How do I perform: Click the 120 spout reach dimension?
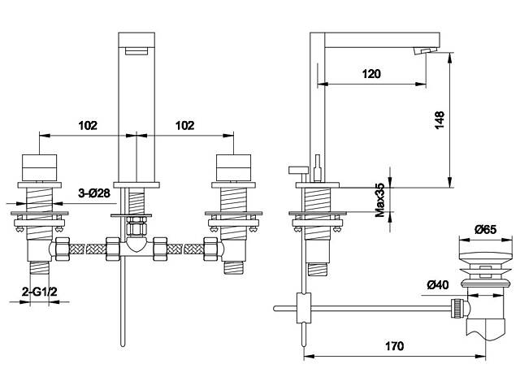371,74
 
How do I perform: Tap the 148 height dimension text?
439,120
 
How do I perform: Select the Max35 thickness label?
380,200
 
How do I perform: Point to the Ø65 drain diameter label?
485,229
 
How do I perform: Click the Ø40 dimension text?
438,284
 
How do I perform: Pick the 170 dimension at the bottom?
394,346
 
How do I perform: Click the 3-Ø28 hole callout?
94,193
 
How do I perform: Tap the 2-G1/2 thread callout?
40,292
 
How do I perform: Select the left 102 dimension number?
88,125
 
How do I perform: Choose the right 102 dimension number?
184,125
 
